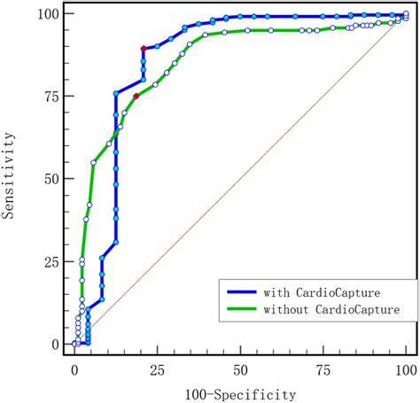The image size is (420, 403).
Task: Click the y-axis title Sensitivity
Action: tap(11, 177)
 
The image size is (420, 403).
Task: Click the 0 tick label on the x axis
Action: tap(74, 367)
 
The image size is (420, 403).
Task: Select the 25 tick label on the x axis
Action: tap(158, 367)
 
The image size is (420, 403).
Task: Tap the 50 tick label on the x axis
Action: tap(240, 367)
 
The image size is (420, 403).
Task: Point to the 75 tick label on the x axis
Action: tap(323, 367)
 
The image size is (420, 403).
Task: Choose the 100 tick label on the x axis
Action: tap(405, 367)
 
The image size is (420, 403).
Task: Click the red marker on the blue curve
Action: tap(143, 48)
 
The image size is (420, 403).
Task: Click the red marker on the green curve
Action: tap(136, 96)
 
